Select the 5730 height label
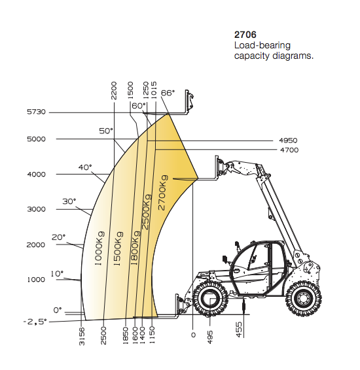pyautogui.click(x=36, y=112)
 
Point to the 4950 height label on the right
pyautogui.click(x=289, y=141)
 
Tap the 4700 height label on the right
pyautogui.click(x=289, y=150)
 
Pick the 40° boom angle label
pyautogui.click(x=85, y=167)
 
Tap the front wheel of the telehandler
pyautogui.click(x=209, y=299)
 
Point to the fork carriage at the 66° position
pyautogui.click(x=190, y=101)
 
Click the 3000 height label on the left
pyautogui.click(x=36, y=209)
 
